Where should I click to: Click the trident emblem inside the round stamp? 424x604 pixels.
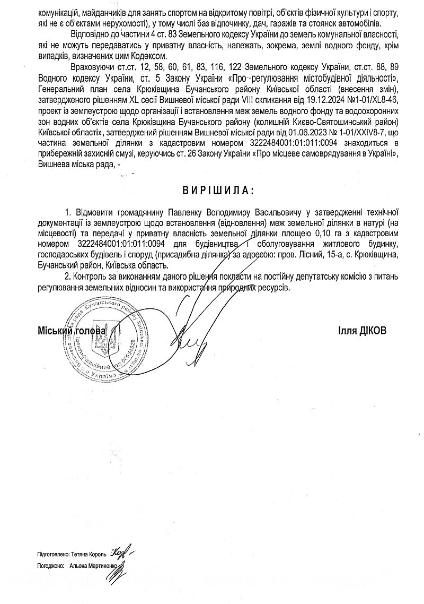pyautogui.click(x=100, y=340)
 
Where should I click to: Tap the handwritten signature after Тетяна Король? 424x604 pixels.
pyautogui.click(x=121, y=553)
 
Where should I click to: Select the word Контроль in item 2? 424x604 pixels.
pyautogui.click(x=91, y=277)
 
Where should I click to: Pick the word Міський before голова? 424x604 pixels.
pyautogui.click(x=55, y=330)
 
